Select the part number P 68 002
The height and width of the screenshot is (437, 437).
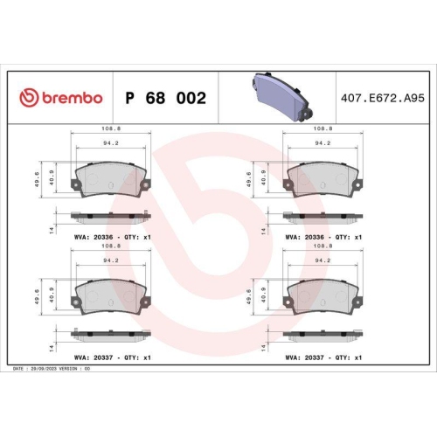[166, 98]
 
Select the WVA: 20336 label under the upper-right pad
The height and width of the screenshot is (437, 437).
[307, 237]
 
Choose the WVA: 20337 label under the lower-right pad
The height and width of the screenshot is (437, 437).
[307, 357]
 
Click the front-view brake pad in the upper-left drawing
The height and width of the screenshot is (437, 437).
[111, 179]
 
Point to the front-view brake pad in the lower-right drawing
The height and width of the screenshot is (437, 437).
[322, 297]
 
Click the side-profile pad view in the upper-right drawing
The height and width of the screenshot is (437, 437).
[322, 215]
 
